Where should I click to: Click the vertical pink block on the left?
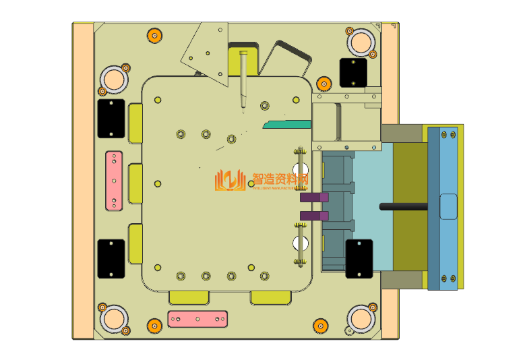[x=115, y=179]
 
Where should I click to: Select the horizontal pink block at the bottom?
[x=197, y=318]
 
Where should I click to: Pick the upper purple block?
[x=314, y=198]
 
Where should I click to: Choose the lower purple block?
[x=314, y=216]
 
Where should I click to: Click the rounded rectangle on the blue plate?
[x=448, y=206]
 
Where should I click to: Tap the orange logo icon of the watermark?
[x=230, y=180]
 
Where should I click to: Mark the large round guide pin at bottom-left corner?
[x=113, y=318]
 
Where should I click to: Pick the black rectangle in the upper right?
[x=352, y=72]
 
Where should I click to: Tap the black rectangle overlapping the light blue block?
[x=359, y=258]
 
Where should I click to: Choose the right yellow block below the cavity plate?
[x=271, y=297]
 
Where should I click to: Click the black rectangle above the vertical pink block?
[x=111, y=119]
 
